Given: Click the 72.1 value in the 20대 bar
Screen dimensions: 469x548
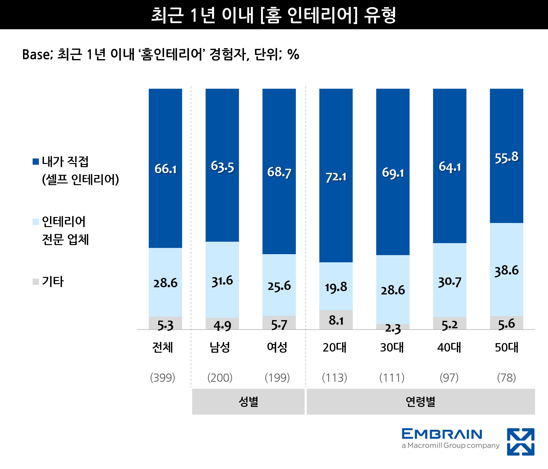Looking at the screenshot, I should [x=336, y=177].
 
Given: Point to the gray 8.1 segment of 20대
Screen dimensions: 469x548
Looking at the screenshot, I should [x=336, y=320].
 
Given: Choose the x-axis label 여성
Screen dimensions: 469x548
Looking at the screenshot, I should [x=277, y=347].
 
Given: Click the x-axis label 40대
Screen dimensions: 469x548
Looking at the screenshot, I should [x=449, y=347].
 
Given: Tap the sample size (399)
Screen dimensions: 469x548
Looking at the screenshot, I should [x=163, y=378].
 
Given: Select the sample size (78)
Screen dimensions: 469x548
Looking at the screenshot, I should [x=506, y=378].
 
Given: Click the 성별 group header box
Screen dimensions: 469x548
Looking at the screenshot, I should [x=248, y=401].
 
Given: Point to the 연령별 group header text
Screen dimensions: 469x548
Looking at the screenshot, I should [x=421, y=402].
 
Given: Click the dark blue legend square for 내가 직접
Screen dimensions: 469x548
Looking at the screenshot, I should [x=36, y=162].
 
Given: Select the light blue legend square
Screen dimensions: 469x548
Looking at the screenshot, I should [x=36, y=222].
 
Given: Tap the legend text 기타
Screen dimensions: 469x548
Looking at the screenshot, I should [x=53, y=281].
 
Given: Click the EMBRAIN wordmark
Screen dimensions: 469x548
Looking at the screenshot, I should [x=442, y=434].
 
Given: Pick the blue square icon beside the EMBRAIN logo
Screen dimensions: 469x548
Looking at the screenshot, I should [x=520, y=442].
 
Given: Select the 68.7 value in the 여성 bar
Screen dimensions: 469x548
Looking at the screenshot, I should [x=279, y=172].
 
